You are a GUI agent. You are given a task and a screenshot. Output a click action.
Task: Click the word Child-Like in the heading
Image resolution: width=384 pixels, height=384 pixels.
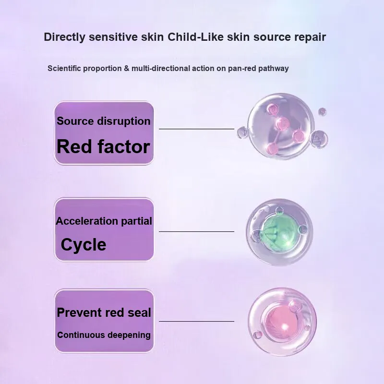195,37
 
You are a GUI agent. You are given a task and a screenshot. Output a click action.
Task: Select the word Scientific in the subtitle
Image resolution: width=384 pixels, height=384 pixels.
64,68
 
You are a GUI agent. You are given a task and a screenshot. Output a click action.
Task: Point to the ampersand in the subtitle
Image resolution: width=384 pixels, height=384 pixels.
126,68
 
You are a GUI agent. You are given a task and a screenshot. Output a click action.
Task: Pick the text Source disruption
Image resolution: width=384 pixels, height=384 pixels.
104,121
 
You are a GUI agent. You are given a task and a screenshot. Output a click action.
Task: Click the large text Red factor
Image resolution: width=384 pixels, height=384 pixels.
103,147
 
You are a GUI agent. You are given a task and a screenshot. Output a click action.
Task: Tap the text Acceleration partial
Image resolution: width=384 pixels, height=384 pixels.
104,221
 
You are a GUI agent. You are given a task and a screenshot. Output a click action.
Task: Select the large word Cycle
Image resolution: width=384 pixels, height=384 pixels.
84,245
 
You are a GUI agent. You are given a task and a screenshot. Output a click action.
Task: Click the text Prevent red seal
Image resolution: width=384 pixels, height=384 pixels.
104,312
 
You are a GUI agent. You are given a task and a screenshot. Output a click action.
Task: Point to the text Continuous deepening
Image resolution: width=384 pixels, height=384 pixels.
104,335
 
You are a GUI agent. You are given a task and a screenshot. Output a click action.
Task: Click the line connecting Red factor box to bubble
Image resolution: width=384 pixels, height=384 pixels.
196,129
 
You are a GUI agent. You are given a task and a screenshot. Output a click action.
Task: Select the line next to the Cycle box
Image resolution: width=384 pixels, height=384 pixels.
196,231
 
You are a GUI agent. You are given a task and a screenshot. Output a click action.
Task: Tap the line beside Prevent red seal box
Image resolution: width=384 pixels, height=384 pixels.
196,321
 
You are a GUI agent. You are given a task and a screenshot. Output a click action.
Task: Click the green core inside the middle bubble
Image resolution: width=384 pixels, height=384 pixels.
280,232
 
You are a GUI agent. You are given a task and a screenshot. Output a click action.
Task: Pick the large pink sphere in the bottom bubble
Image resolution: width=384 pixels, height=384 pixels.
282,324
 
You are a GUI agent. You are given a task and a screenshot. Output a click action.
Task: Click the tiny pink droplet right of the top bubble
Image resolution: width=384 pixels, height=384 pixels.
322,112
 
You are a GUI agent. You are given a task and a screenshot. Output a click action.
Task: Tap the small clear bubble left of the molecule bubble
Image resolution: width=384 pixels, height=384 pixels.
243,132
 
